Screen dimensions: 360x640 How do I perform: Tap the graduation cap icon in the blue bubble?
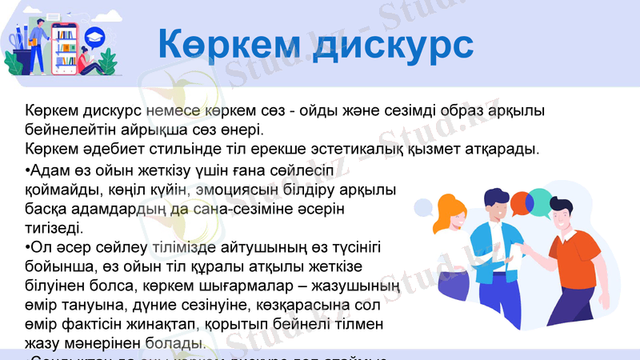pyautogui.click(x=98, y=35)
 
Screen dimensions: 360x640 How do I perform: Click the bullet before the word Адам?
pyautogui.click(x=28, y=170)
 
